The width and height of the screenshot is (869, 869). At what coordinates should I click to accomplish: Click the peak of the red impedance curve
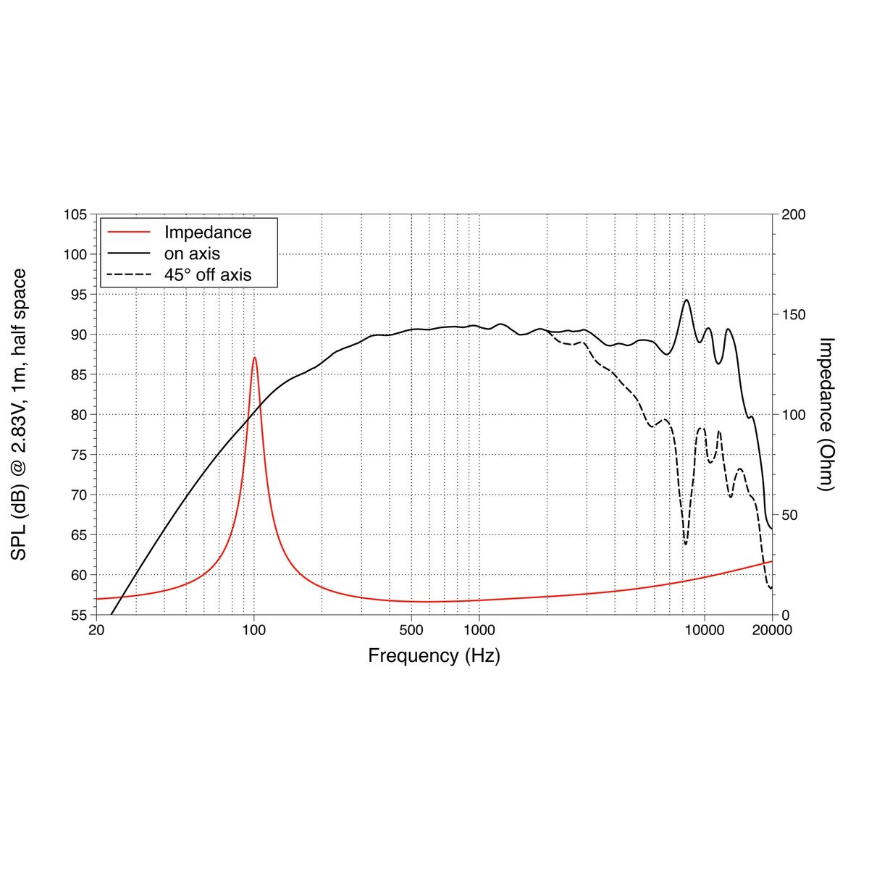click(254, 357)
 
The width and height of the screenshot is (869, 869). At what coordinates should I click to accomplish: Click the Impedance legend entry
click(207, 232)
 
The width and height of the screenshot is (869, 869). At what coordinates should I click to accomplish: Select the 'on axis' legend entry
click(191, 253)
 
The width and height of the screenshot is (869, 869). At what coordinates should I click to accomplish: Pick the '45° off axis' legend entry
click(207, 274)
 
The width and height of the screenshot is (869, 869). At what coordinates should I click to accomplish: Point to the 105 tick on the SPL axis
click(75, 215)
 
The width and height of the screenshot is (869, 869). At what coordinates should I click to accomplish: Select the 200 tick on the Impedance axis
click(793, 215)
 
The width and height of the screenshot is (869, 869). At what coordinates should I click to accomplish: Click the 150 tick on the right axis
click(793, 315)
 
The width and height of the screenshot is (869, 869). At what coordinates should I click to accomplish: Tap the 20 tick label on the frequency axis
click(96, 630)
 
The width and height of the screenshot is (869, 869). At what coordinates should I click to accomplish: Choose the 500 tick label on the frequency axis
click(411, 630)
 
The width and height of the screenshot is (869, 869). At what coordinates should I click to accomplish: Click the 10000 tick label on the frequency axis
click(704, 630)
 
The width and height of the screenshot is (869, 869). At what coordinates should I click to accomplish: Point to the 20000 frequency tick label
click(772, 630)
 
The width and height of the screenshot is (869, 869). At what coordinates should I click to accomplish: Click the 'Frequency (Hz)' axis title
click(434, 656)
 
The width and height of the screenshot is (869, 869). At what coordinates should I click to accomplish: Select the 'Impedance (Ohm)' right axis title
click(826, 414)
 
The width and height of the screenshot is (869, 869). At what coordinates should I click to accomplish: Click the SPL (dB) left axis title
click(19, 414)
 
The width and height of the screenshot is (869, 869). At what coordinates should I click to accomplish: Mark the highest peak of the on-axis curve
click(686, 300)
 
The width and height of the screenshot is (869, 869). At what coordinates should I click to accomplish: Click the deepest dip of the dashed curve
click(685, 544)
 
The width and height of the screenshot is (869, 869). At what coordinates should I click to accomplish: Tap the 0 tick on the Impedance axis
click(785, 615)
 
